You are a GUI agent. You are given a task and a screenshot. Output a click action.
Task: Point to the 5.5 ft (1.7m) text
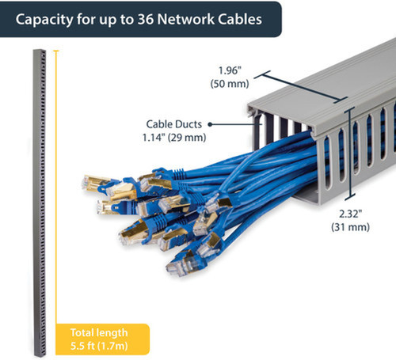(97, 344)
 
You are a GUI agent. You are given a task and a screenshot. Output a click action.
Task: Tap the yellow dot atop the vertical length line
(55, 52)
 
